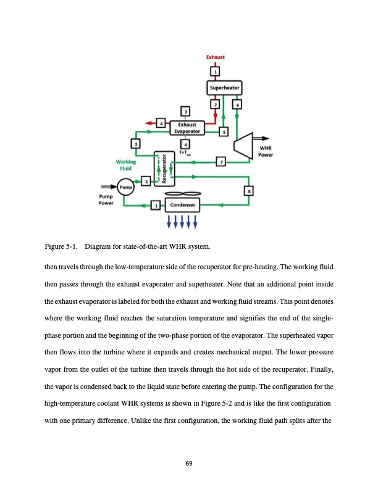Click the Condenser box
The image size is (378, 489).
(x=183, y=205)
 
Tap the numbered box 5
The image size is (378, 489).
(x=224, y=132)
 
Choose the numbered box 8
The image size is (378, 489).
(x=249, y=191)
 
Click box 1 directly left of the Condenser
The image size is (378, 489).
(x=156, y=205)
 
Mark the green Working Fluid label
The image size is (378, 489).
(x=125, y=165)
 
